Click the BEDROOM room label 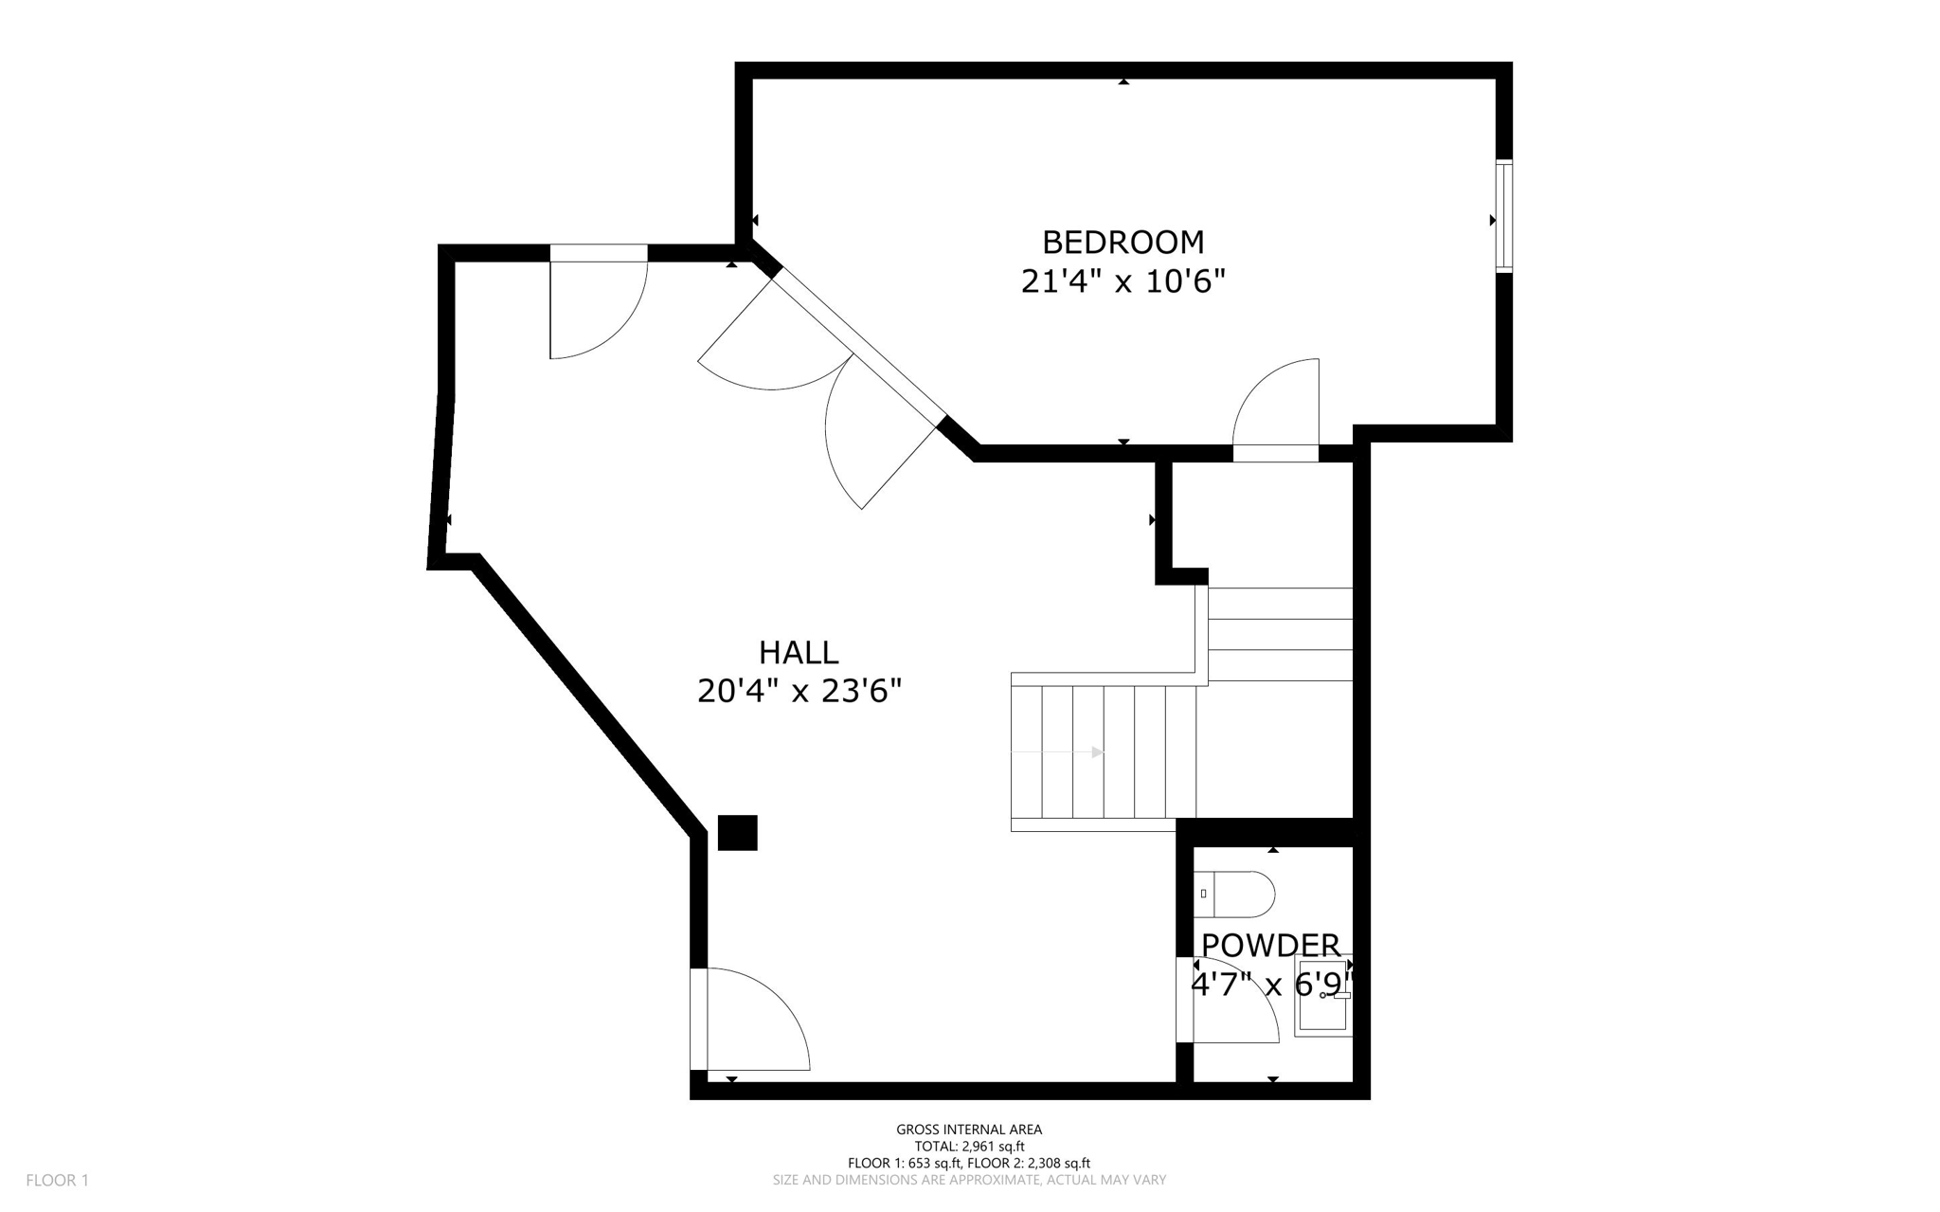(x=1123, y=243)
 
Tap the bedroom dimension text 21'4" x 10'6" (x=1123, y=281)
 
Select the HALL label (x=799, y=653)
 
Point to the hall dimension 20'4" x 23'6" (x=799, y=692)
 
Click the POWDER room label (x=1270, y=945)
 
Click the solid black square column (x=737, y=833)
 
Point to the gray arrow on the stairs (x=1097, y=752)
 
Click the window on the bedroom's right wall (x=1503, y=216)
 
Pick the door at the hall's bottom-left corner (x=753, y=1019)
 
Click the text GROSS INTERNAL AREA (x=969, y=1130)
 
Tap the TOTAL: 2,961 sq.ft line (x=969, y=1147)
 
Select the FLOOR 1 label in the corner (x=57, y=1181)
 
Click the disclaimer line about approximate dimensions (x=969, y=1181)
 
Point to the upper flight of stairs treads (x=1280, y=634)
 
